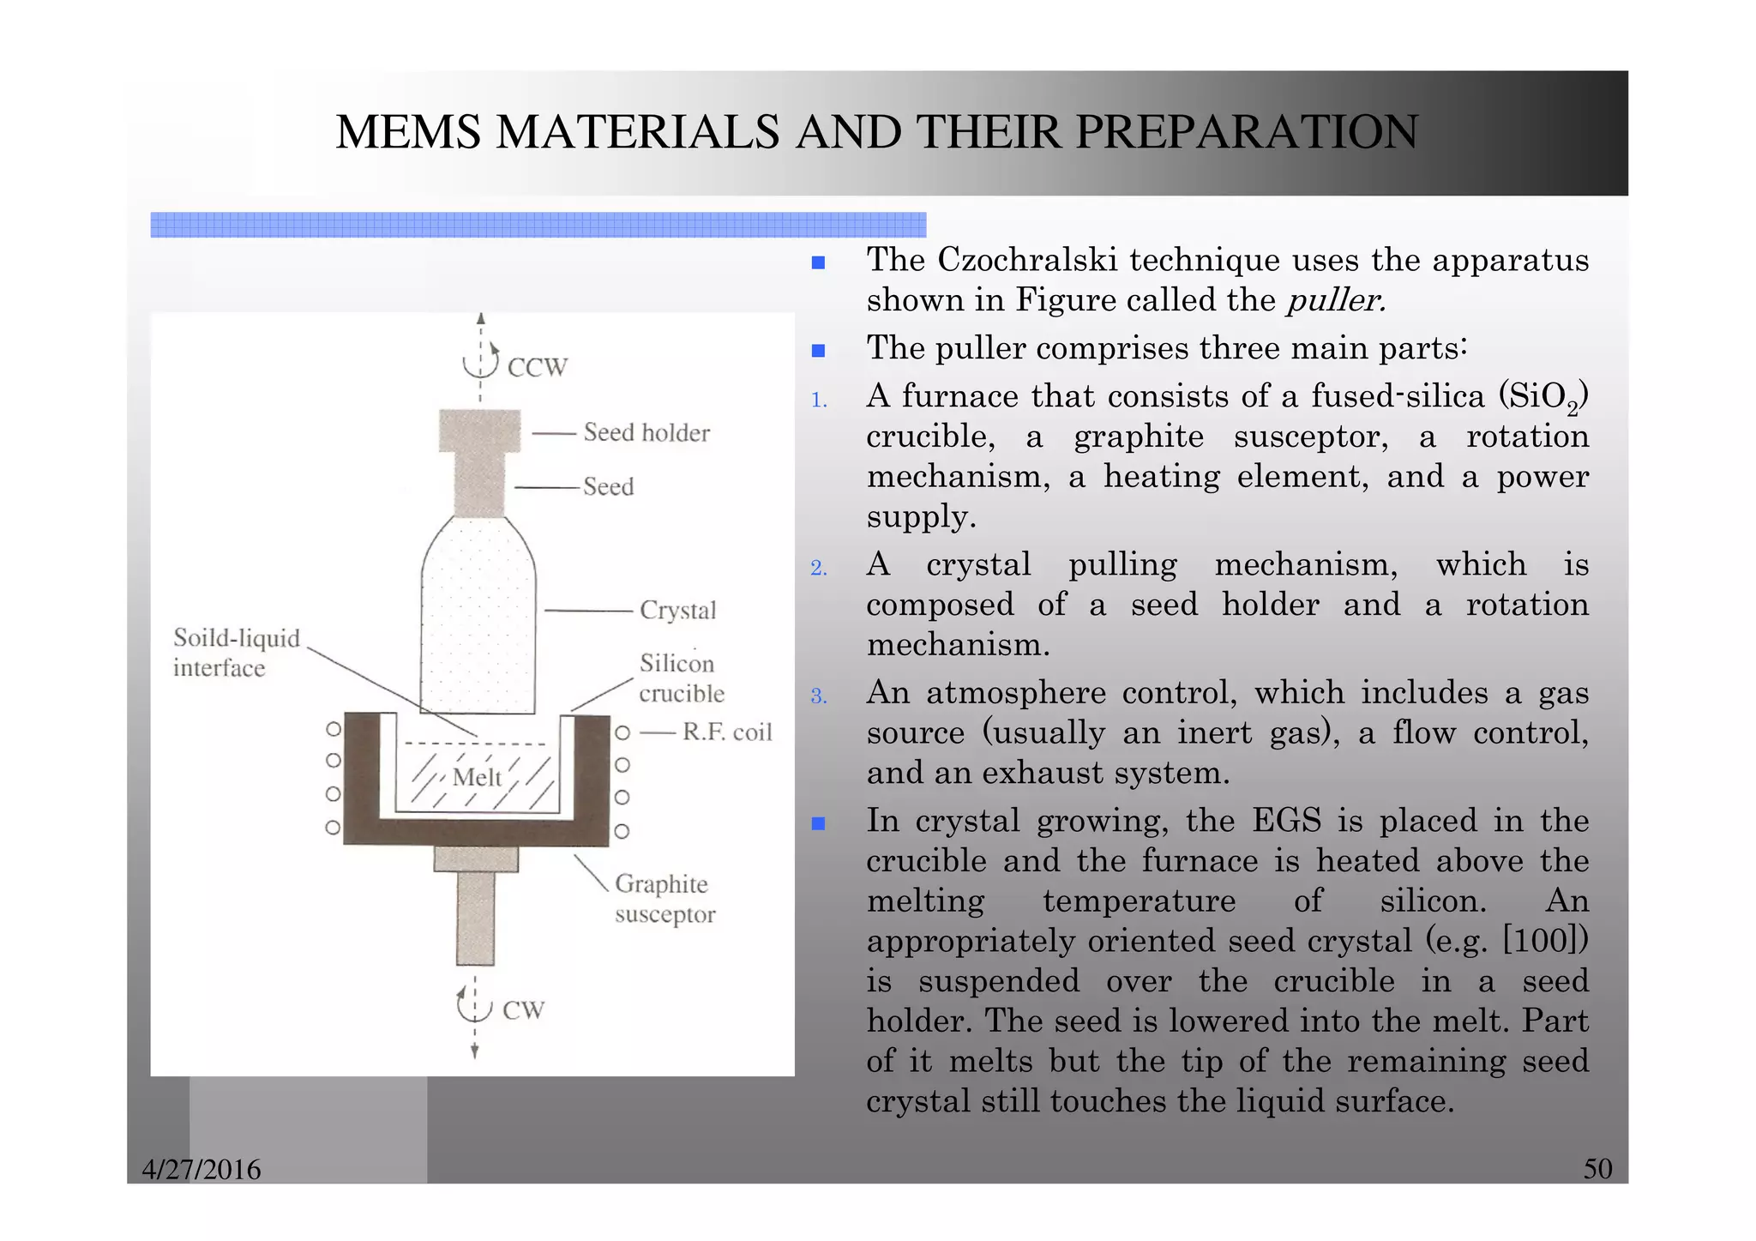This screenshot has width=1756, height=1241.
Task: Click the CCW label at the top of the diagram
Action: pos(537,368)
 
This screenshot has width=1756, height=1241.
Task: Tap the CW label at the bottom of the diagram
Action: pos(523,1010)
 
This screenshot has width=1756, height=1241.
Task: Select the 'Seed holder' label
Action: pos(646,432)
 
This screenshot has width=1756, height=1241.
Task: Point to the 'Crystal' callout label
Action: pos(677,611)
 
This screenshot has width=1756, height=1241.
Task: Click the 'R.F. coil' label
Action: pos(727,732)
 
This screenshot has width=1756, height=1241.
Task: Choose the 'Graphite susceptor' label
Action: pos(665,899)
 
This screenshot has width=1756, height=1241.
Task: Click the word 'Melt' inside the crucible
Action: pos(477,777)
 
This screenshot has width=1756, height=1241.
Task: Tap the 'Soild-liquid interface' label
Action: pos(236,653)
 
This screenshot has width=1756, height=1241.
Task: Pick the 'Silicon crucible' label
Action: pos(681,678)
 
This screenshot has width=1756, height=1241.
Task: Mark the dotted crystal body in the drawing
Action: pos(478,626)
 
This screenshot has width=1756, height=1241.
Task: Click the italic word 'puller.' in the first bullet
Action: pos(1336,300)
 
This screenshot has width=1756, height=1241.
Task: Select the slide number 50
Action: pos(1597,1169)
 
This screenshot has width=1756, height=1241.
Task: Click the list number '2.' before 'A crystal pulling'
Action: pos(819,568)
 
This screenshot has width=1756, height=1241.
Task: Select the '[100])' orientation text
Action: pos(1545,940)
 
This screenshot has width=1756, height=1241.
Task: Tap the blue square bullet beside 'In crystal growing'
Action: pos(819,823)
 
